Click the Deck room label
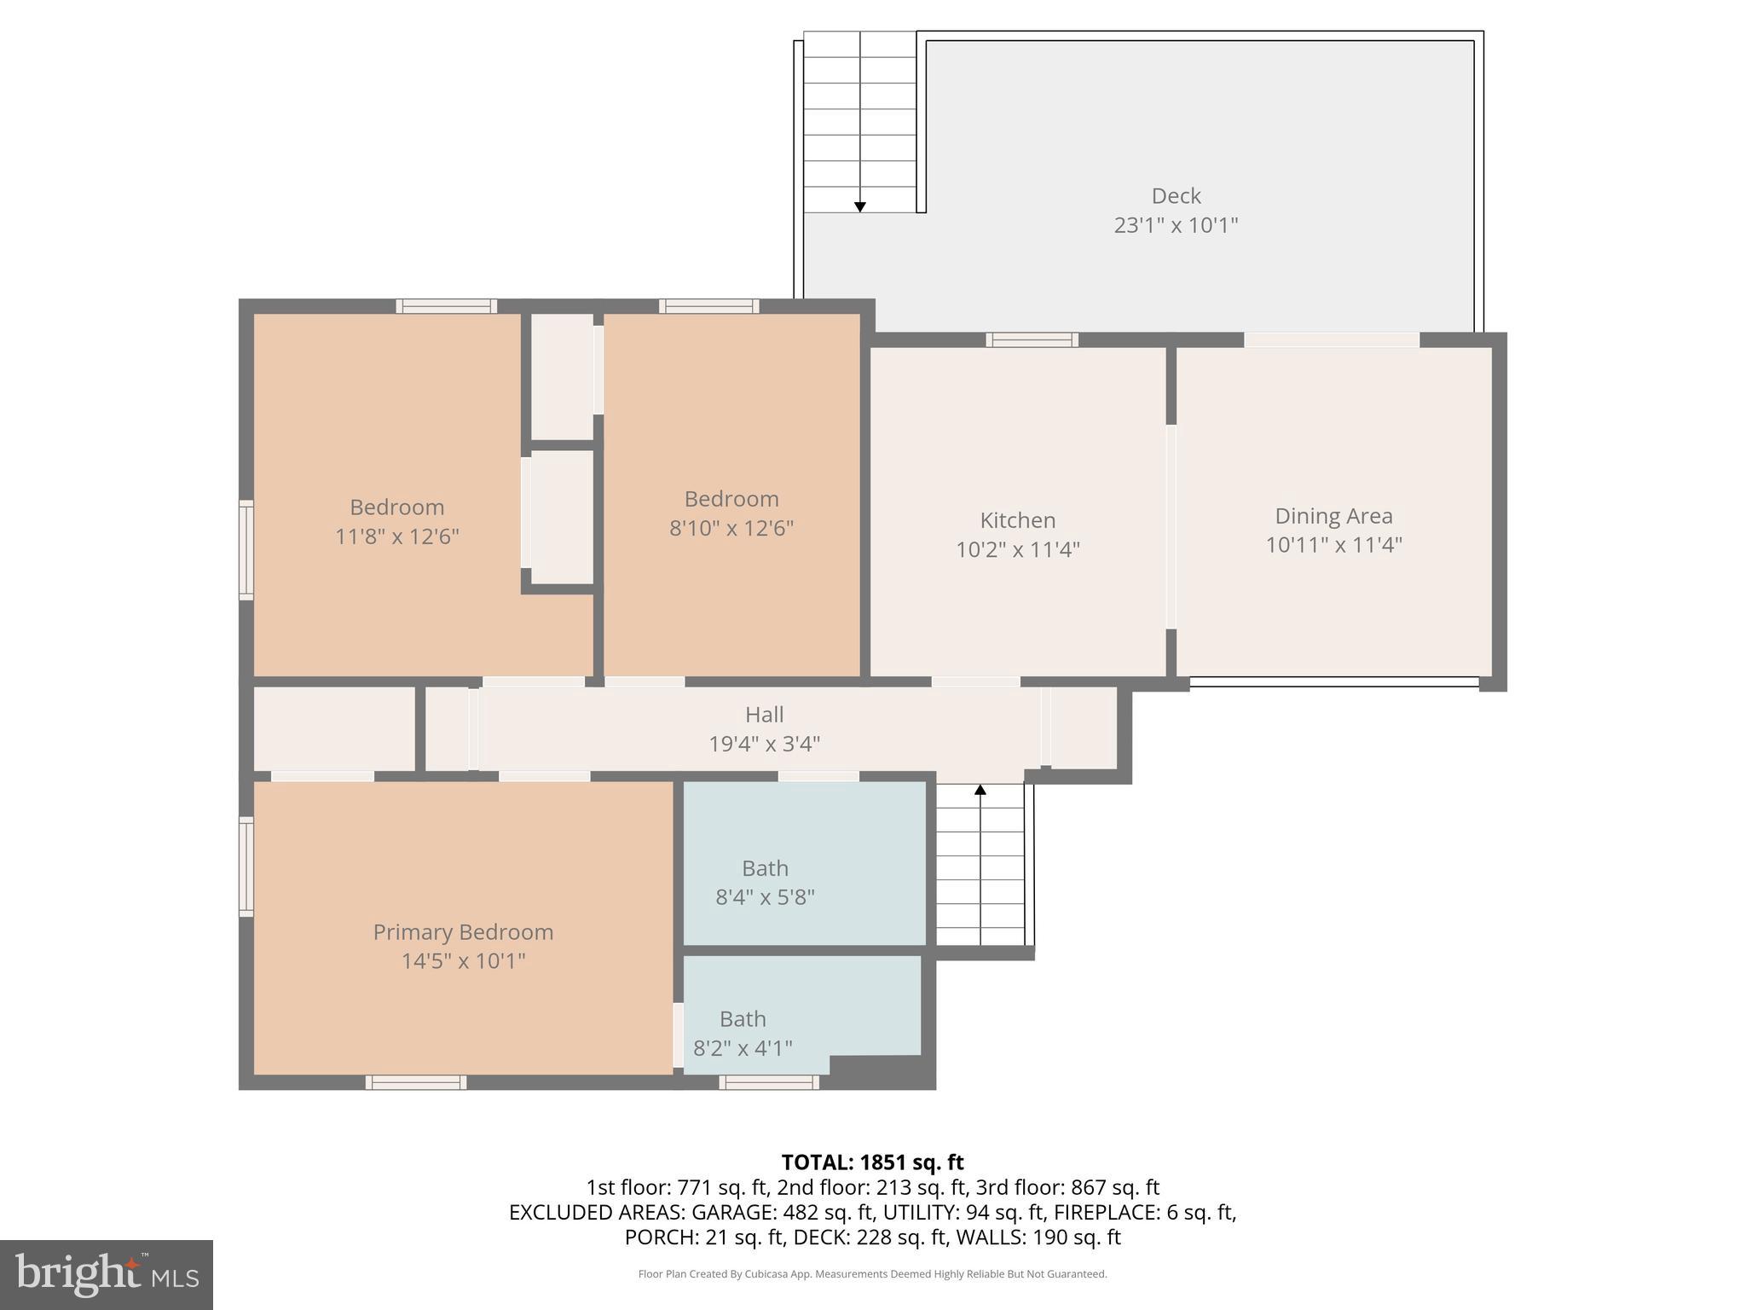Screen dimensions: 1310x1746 pyautogui.click(x=1176, y=196)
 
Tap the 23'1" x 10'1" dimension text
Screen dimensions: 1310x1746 pyautogui.click(x=1176, y=226)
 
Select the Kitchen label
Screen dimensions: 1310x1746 pyautogui.click(x=1017, y=520)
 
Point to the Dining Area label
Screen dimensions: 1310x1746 pyautogui.click(x=1333, y=516)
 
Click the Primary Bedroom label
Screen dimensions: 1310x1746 pyautogui.click(x=463, y=932)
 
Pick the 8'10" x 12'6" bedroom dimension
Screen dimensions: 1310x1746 pyautogui.click(x=731, y=529)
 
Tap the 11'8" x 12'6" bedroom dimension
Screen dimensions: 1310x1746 pyautogui.click(x=396, y=537)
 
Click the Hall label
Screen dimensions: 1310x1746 pyautogui.click(x=764, y=715)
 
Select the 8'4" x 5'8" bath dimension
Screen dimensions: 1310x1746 pyautogui.click(x=765, y=897)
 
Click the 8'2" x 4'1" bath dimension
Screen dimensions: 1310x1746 pyautogui.click(x=743, y=1048)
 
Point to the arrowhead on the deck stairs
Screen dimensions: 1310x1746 pyautogui.click(x=859, y=207)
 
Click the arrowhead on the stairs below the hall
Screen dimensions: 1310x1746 pyautogui.click(x=980, y=790)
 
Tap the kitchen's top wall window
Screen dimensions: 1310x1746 pyautogui.click(x=1032, y=340)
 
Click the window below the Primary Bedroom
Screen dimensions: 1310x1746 pyautogui.click(x=416, y=1082)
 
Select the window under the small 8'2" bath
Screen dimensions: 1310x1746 pyautogui.click(x=769, y=1082)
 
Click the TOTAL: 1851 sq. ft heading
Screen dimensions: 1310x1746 pyautogui.click(x=872, y=1162)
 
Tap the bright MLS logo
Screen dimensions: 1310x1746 pyautogui.click(x=106, y=1274)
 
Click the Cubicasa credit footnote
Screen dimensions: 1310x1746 pyautogui.click(x=872, y=1274)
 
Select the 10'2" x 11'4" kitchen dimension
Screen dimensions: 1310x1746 pyautogui.click(x=1017, y=550)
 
